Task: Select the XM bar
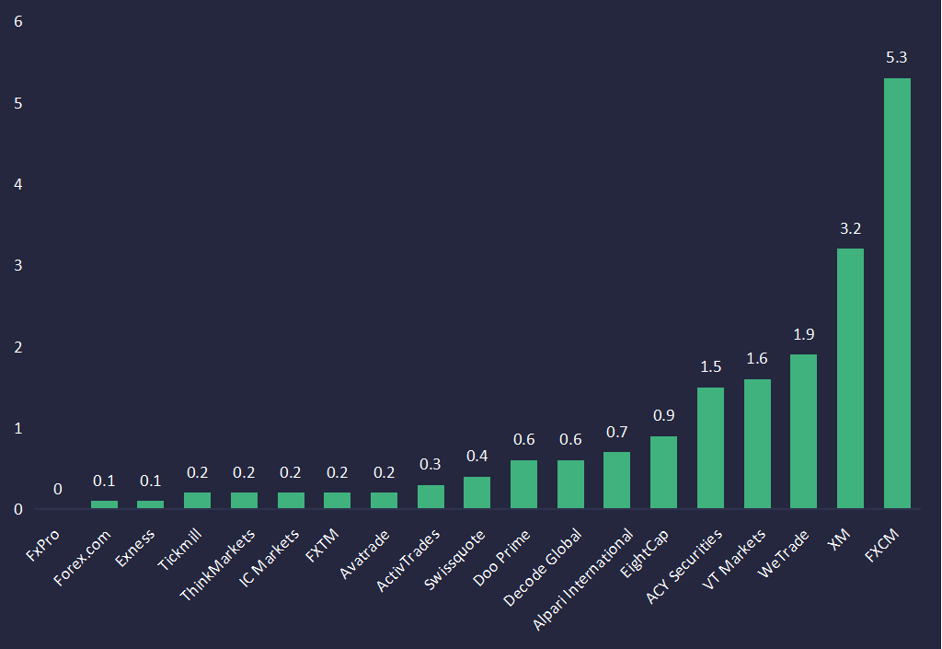click(x=850, y=378)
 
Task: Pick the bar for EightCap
click(x=663, y=472)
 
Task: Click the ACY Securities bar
click(x=710, y=447)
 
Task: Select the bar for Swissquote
click(x=477, y=493)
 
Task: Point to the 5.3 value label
click(x=897, y=58)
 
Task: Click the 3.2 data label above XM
click(x=850, y=228)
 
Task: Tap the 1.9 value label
click(x=803, y=334)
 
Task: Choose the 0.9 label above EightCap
click(x=663, y=415)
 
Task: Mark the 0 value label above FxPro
click(x=57, y=489)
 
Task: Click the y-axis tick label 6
click(x=18, y=22)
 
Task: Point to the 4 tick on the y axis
click(x=18, y=184)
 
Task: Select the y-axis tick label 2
click(x=18, y=347)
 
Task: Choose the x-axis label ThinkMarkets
click(x=219, y=564)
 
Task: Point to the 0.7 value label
click(x=616, y=432)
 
